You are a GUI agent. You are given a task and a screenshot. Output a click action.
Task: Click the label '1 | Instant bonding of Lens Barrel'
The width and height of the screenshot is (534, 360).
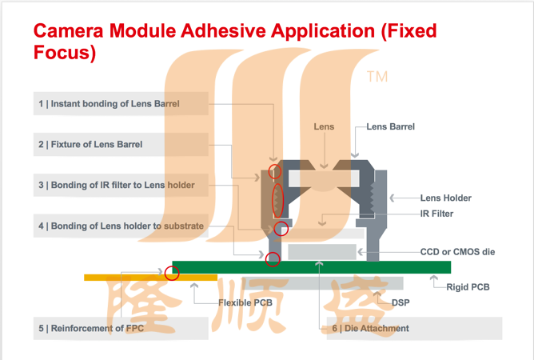(x=109, y=104)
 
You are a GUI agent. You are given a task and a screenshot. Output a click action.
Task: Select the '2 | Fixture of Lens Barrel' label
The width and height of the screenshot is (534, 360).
(x=90, y=145)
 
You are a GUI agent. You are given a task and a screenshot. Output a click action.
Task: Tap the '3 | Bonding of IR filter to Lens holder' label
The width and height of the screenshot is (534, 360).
(x=117, y=185)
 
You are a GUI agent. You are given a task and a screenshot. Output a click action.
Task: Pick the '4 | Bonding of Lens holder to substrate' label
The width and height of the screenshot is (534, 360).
(x=121, y=226)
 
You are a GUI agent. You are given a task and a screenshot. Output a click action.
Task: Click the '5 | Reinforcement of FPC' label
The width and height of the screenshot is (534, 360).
(x=91, y=328)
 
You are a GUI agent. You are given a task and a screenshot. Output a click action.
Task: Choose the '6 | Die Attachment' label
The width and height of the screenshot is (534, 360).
(x=371, y=328)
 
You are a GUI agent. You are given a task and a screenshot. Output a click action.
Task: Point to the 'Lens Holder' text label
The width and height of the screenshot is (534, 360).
(x=446, y=198)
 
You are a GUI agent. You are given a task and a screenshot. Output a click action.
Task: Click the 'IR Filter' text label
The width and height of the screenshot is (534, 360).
(x=437, y=214)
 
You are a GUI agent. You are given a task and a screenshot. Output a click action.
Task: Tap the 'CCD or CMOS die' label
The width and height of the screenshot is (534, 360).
(x=458, y=252)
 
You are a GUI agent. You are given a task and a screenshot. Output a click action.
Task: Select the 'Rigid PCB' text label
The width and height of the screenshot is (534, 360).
(x=468, y=287)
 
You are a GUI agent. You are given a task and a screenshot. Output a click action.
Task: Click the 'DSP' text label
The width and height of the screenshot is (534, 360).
(x=400, y=302)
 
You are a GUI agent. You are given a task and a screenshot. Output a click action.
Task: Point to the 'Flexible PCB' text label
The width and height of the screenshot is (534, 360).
(x=245, y=302)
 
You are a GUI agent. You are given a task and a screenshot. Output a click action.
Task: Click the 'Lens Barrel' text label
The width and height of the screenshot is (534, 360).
(x=391, y=127)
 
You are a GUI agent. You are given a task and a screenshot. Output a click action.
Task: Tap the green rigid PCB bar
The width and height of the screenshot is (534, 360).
(x=312, y=267)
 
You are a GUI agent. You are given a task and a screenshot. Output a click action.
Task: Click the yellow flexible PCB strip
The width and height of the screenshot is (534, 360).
(x=150, y=278)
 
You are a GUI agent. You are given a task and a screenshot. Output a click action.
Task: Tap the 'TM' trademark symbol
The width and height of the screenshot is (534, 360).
(x=377, y=77)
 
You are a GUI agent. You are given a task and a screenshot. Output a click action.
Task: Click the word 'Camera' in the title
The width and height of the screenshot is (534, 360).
(x=69, y=30)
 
